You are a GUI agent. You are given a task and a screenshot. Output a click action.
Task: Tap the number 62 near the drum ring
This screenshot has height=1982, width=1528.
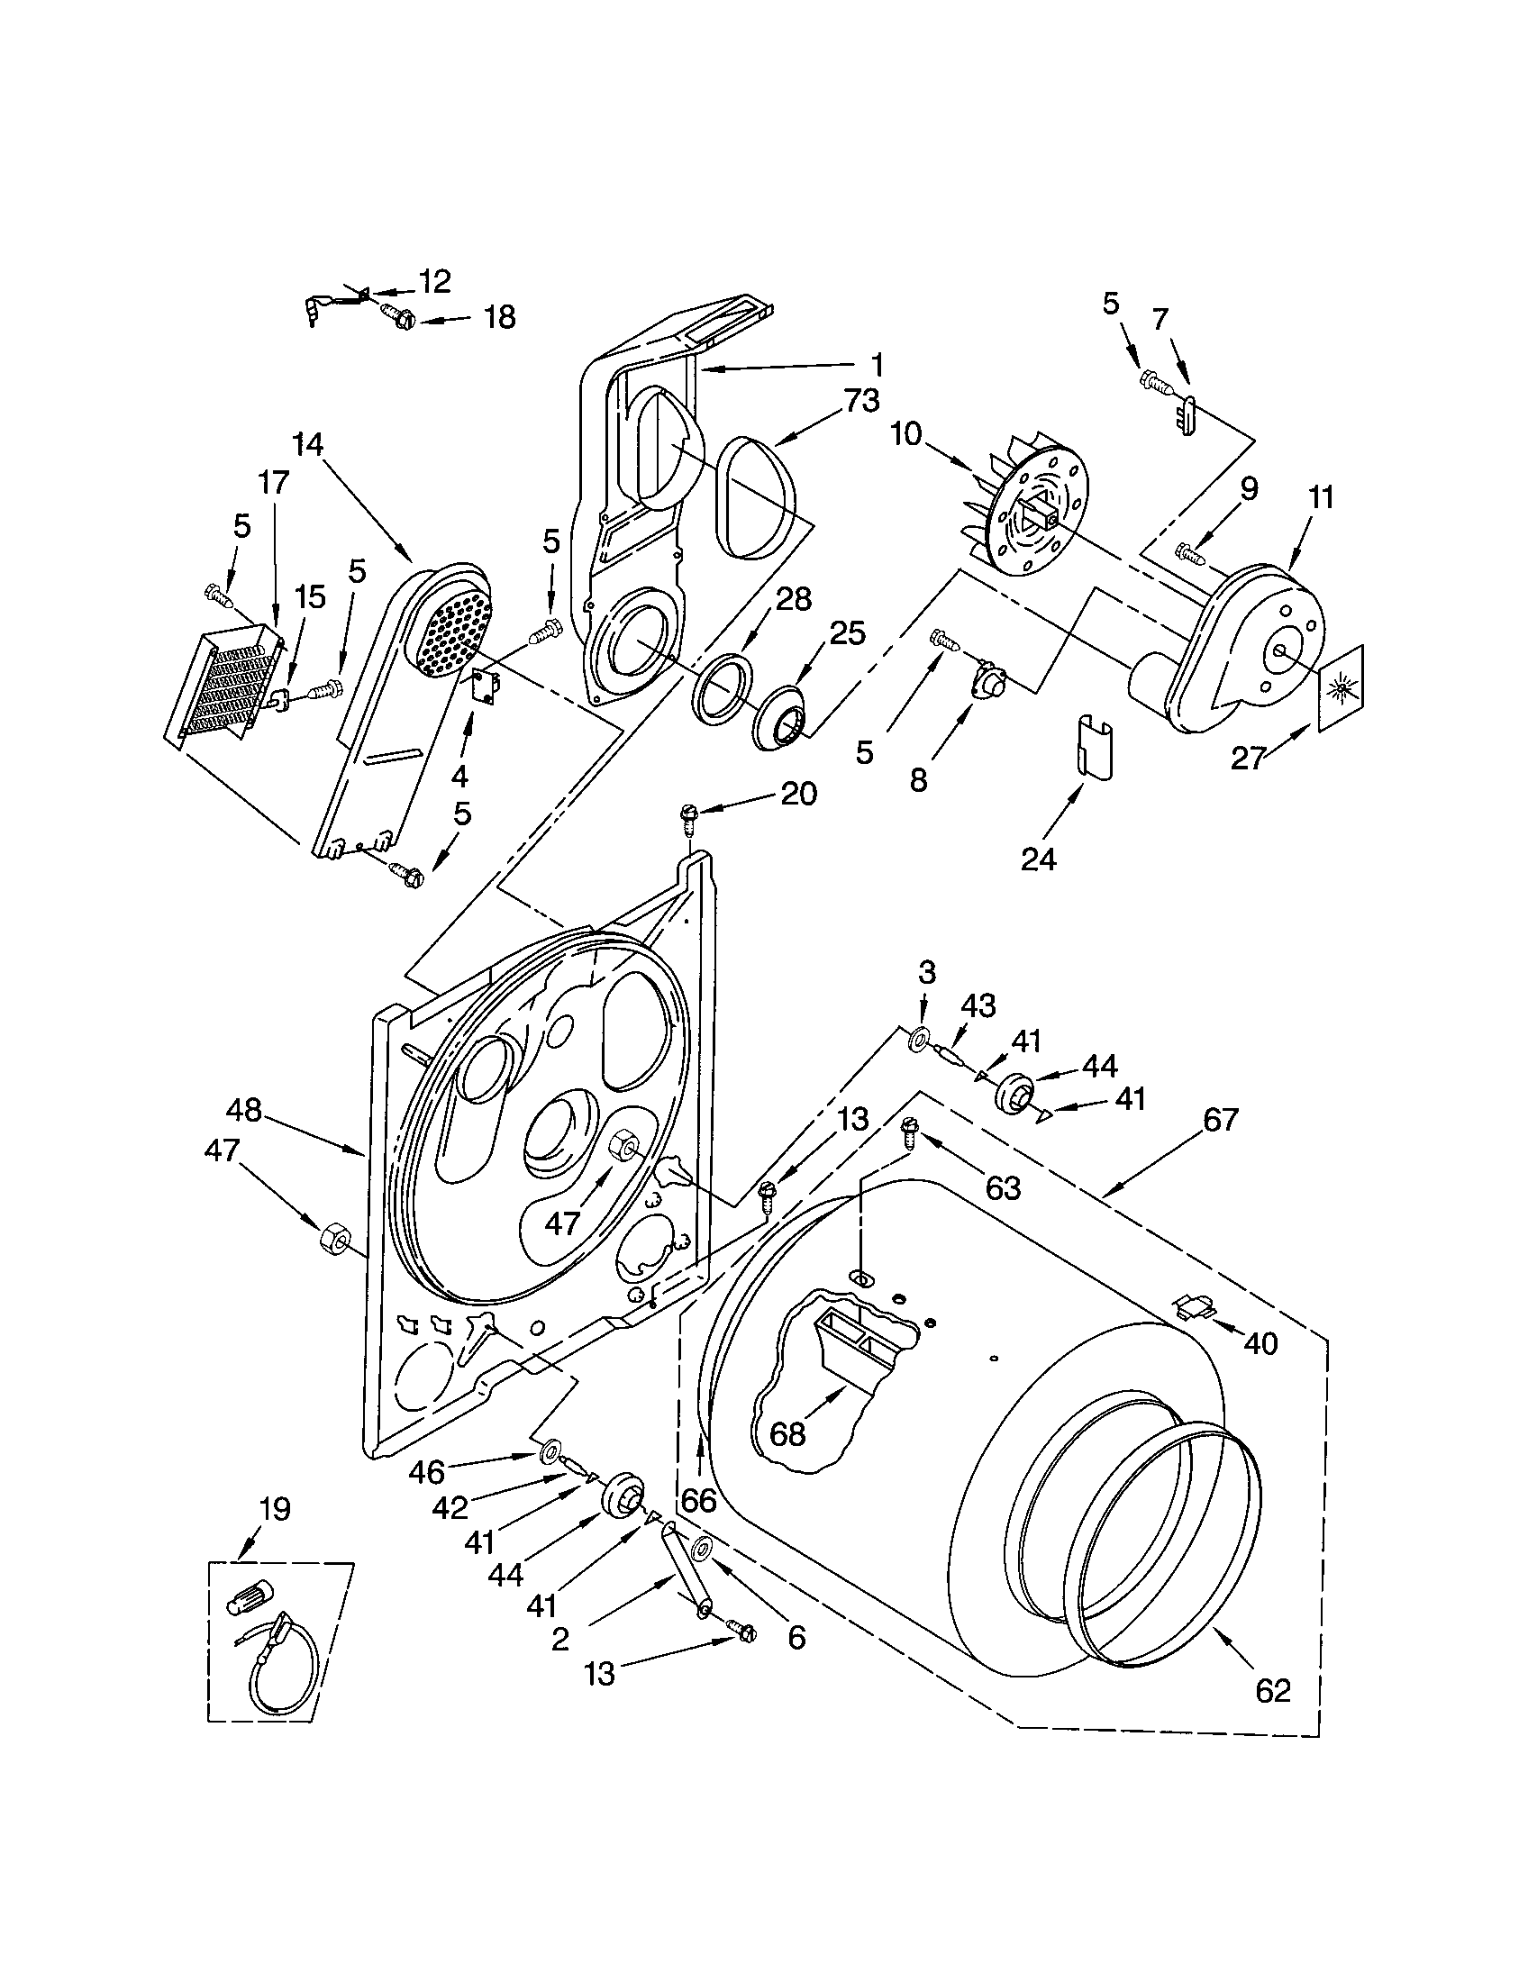1271,1691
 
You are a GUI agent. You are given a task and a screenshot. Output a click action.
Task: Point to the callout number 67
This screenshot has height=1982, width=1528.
1221,1121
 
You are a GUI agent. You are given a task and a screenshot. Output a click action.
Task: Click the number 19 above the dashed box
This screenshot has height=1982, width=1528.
274,1509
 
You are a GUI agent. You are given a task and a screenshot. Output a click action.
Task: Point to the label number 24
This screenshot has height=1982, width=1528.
1038,858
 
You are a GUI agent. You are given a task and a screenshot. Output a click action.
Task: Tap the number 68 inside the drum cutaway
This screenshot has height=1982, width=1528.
787,1435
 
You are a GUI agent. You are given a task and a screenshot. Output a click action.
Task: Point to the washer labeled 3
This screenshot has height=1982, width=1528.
921,1037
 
